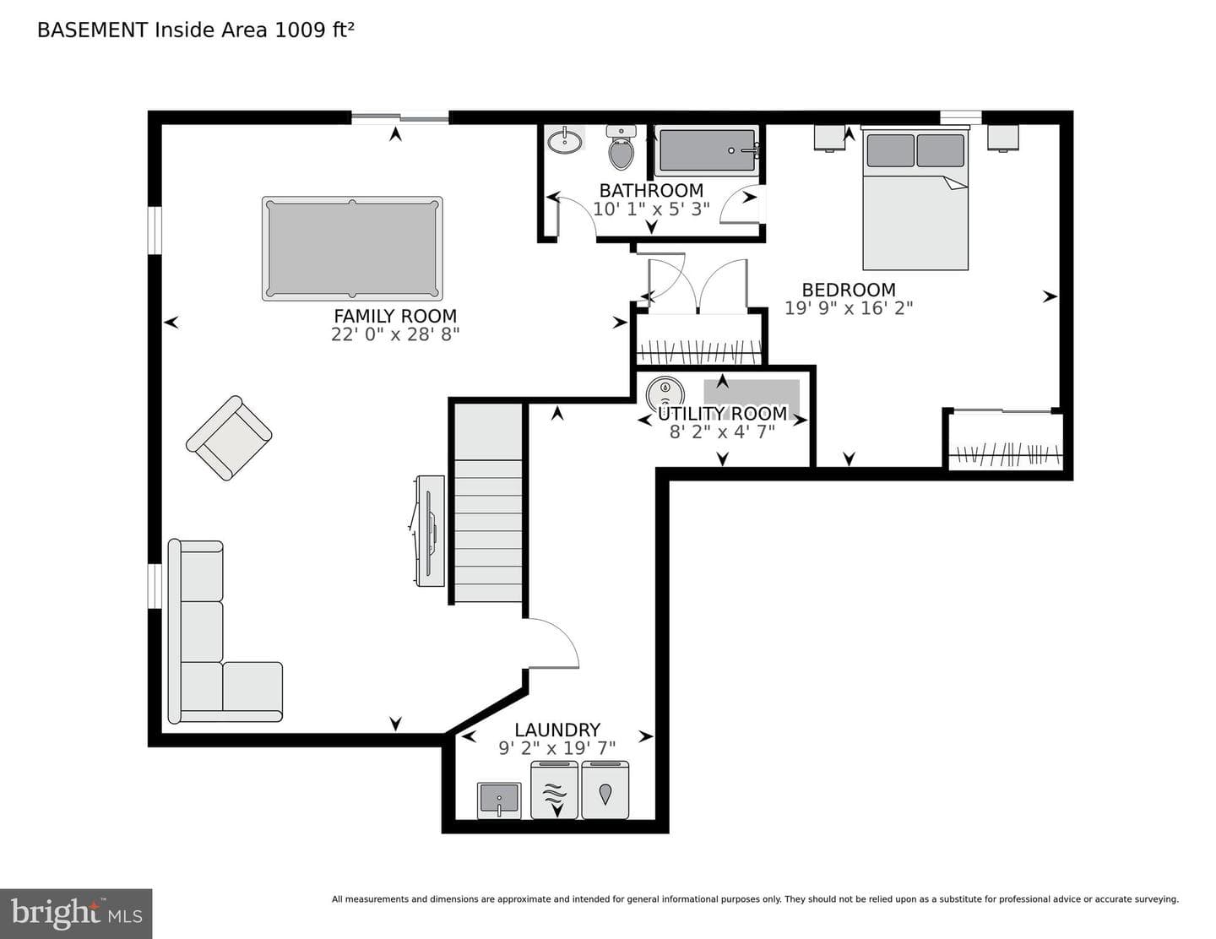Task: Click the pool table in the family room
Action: pos(352,248)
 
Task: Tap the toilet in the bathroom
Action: pos(621,147)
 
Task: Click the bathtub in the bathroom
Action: pos(707,150)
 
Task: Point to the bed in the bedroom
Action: pos(915,198)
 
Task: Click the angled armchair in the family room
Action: pos(229,438)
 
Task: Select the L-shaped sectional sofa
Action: pos(225,632)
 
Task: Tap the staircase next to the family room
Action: pos(488,503)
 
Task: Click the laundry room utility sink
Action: pos(499,801)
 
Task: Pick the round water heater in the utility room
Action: pos(665,394)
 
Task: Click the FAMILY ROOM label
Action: pos(395,316)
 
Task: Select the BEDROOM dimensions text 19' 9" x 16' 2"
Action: pos(849,308)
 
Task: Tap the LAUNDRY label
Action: pos(557,730)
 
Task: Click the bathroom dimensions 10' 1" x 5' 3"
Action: pos(651,209)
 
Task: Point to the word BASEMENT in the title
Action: pos(92,30)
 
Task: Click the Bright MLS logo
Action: pos(76,914)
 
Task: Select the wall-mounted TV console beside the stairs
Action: pos(429,531)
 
